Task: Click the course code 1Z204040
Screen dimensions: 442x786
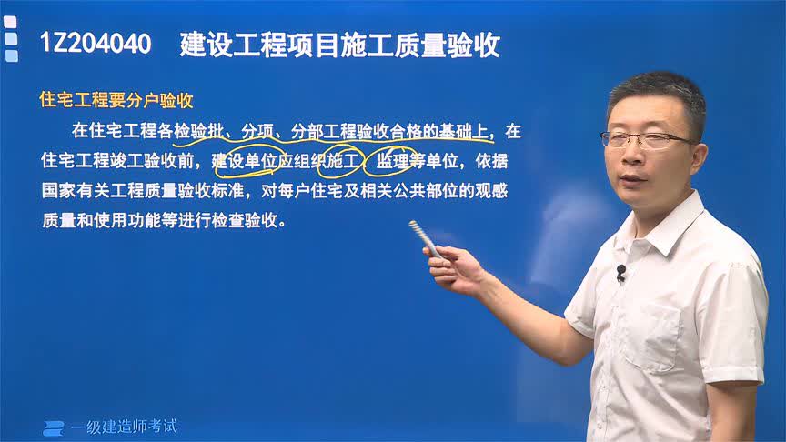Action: pos(96,45)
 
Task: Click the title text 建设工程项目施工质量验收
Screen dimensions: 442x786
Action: pos(340,45)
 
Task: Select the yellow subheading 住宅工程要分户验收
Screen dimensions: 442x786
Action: pos(116,100)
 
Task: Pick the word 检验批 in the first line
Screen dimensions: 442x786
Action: pos(196,132)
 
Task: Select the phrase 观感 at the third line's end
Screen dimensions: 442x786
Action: pos(501,192)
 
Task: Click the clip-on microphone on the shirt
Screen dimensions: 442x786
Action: pos(621,271)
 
